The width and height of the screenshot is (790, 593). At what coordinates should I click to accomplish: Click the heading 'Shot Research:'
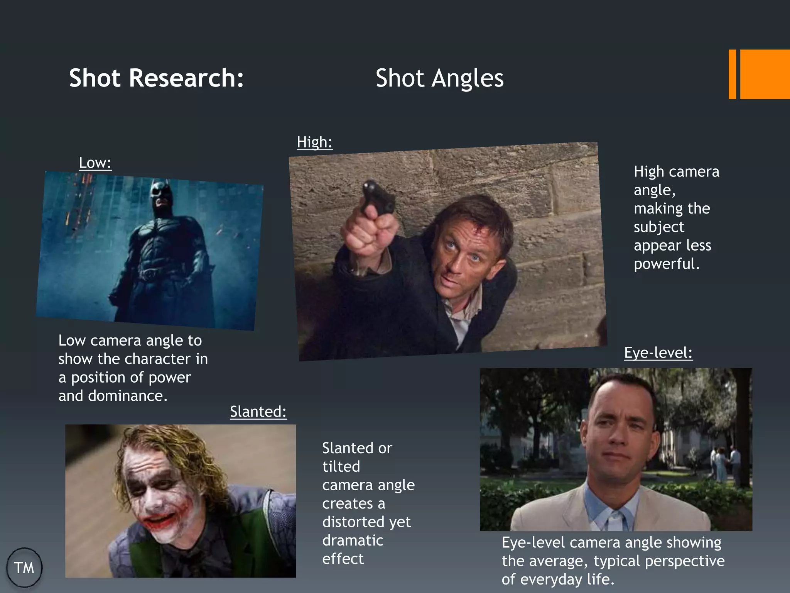point(156,78)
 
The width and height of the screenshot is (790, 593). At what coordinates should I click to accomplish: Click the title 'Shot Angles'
point(439,78)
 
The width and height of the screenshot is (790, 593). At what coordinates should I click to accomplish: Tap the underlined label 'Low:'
point(95,163)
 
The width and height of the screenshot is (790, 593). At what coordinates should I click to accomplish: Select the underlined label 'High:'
point(314,142)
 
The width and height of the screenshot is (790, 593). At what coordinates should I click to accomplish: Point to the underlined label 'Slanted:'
point(258,412)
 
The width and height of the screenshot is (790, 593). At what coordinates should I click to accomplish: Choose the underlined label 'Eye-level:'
point(658,352)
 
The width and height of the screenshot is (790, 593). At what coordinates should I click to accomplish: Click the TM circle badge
point(24,568)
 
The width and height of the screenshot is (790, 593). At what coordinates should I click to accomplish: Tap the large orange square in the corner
point(765,74)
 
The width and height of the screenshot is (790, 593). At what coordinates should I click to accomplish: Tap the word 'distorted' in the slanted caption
point(355,522)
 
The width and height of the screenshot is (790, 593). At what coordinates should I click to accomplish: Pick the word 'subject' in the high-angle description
point(659,227)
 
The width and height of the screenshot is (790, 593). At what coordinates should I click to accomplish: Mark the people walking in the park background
point(725,463)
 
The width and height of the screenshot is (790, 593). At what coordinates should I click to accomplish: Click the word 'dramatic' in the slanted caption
point(353,540)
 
